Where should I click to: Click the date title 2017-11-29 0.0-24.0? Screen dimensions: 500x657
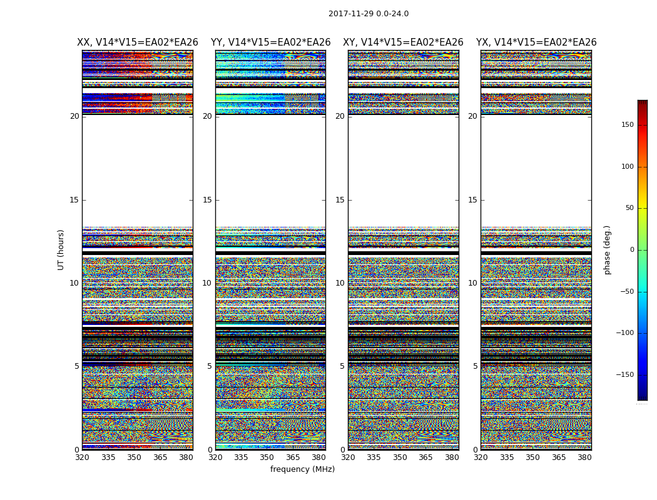(368, 14)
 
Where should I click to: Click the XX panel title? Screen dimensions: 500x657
(138, 42)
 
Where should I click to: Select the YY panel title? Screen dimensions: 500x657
(270, 42)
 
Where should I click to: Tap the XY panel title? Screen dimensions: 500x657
(403, 42)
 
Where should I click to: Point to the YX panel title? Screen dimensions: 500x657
(536, 42)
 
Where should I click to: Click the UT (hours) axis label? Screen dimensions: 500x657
(61, 249)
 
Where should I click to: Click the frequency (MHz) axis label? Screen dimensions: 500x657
(302, 469)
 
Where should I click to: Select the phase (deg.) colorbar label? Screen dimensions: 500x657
(607, 249)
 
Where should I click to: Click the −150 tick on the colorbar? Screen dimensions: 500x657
(624, 375)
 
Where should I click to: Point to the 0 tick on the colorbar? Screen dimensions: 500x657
(632, 250)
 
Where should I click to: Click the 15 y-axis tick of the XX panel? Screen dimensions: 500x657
(74, 200)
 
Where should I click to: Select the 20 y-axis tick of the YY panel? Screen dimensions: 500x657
(207, 116)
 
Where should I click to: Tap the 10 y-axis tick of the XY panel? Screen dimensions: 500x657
(340, 283)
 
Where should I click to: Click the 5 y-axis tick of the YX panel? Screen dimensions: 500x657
(475, 366)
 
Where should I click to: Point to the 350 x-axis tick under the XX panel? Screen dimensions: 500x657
(134, 457)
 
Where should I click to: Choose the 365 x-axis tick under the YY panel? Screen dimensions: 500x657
(293, 457)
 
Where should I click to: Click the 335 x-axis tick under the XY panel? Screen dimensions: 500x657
(374, 457)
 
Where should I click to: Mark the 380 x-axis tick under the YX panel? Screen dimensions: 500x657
(584, 457)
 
